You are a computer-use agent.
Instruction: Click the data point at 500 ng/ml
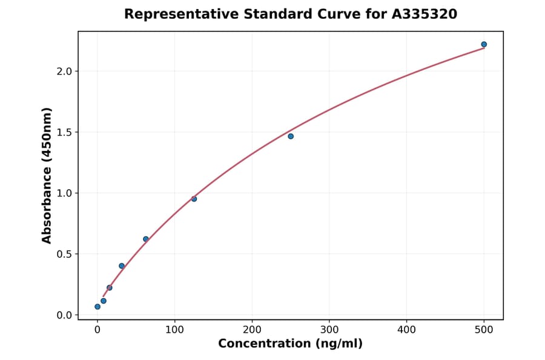(x=484, y=44)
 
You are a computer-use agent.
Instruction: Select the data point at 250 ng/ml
(x=291, y=136)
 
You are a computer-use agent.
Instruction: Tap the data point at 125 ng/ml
(x=194, y=199)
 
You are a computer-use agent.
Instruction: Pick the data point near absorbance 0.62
(x=146, y=239)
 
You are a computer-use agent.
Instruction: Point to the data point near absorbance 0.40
(x=122, y=266)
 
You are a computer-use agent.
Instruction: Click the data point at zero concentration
(x=97, y=307)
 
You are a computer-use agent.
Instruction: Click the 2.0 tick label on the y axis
(x=64, y=72)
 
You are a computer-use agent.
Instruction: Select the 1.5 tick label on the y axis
(x=64, y=132)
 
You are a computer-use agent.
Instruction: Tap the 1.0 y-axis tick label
(x=64, y=193)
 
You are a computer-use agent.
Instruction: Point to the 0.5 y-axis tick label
(x=64, y=254)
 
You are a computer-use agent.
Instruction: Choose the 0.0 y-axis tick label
(x=64, y=315)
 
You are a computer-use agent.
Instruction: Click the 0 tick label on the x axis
(x=97, y=330)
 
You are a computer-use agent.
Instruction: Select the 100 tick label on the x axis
(x=175, y=330)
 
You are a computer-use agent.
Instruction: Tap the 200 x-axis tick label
(x=252, y=330)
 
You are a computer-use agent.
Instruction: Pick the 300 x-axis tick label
(x=329, y=330)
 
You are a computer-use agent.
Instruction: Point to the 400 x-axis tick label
(x=407, y=330)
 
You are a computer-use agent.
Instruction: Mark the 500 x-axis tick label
(x=484, y=330)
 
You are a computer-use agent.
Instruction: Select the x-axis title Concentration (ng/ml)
(x=291, y=344)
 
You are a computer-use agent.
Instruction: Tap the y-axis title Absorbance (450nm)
(x=47, y=175)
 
